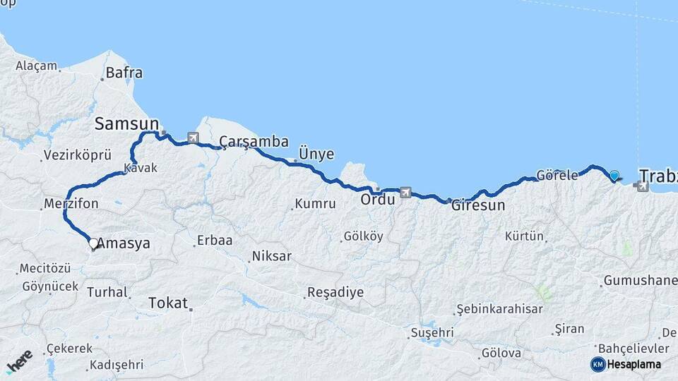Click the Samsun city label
126,124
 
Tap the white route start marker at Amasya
93,243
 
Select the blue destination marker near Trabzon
614,176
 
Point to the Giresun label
479,206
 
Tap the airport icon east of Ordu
405,191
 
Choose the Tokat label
168,303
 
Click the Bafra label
124,72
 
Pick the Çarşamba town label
254,142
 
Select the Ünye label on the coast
316,154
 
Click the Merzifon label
71,203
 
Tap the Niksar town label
271,256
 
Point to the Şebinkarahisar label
499,309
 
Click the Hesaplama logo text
634,364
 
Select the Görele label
557,175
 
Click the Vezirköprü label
78,155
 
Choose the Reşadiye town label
335,292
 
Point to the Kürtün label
525,236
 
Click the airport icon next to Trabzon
641,186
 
